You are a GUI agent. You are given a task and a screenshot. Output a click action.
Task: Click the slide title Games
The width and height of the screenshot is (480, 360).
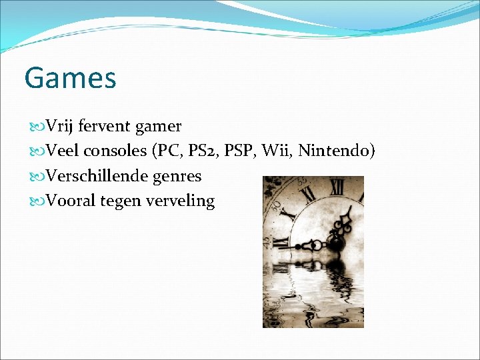point(70,78)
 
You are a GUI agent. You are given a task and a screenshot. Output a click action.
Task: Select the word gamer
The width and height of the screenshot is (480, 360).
point(159,126)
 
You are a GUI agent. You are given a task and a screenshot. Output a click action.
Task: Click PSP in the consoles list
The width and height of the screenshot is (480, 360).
point(239,151)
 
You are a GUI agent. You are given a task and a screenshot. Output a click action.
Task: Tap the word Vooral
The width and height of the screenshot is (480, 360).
point(71,201)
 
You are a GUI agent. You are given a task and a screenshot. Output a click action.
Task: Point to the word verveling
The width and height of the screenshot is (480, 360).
point(181,201)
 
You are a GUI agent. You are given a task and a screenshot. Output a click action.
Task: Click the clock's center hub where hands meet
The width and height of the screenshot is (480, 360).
point(335,243)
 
